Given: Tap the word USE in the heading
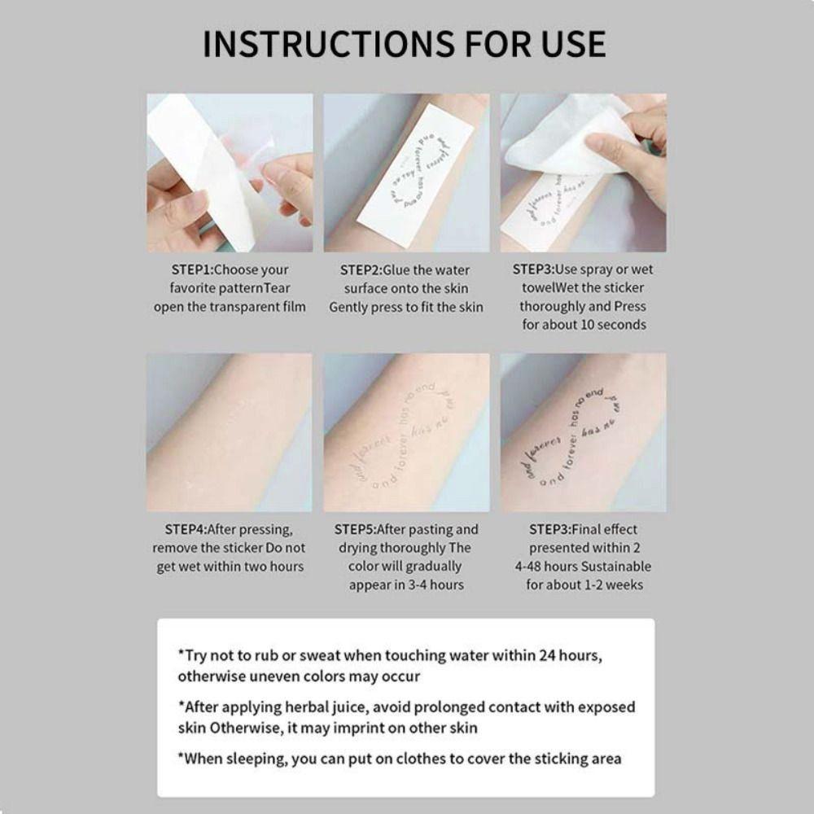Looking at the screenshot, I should [565, 43].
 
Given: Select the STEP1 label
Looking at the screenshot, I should [191, 269].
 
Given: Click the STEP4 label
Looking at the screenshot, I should [185, 529].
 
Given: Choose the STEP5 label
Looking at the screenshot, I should [361, 529].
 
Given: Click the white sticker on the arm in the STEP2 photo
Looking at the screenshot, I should [407, 171].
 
